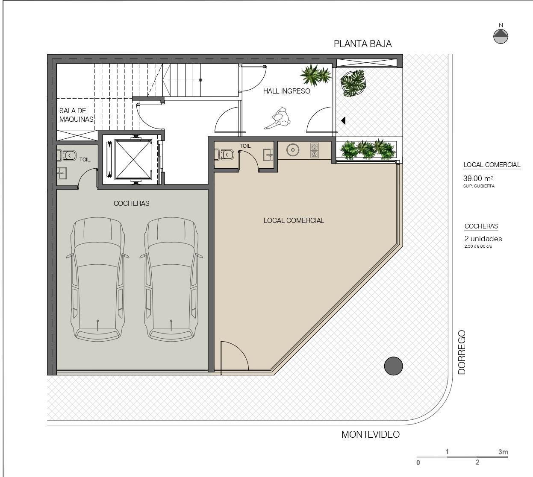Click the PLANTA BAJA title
tap(362, 44)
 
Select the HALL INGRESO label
tap(286, 91)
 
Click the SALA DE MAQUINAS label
tap(76, 115)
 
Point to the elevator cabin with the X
tap(133, 160)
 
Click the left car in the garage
tap(97, 279)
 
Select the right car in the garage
tap(171, 279)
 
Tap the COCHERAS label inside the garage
tap(131, 203)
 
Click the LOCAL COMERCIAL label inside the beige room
tap(294, 220)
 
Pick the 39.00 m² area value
tap(478, 179)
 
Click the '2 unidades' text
tap(483, 239)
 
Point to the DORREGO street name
tap(462, 352)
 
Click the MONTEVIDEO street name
tap(371, 434)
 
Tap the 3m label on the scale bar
tap(503, 452)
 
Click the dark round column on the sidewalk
tap(393, 366)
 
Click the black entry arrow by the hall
tap(343, 120)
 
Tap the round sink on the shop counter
tap(292, 150)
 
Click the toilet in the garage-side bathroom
tap(67, 155)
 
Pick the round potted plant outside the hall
tap(353, 83)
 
